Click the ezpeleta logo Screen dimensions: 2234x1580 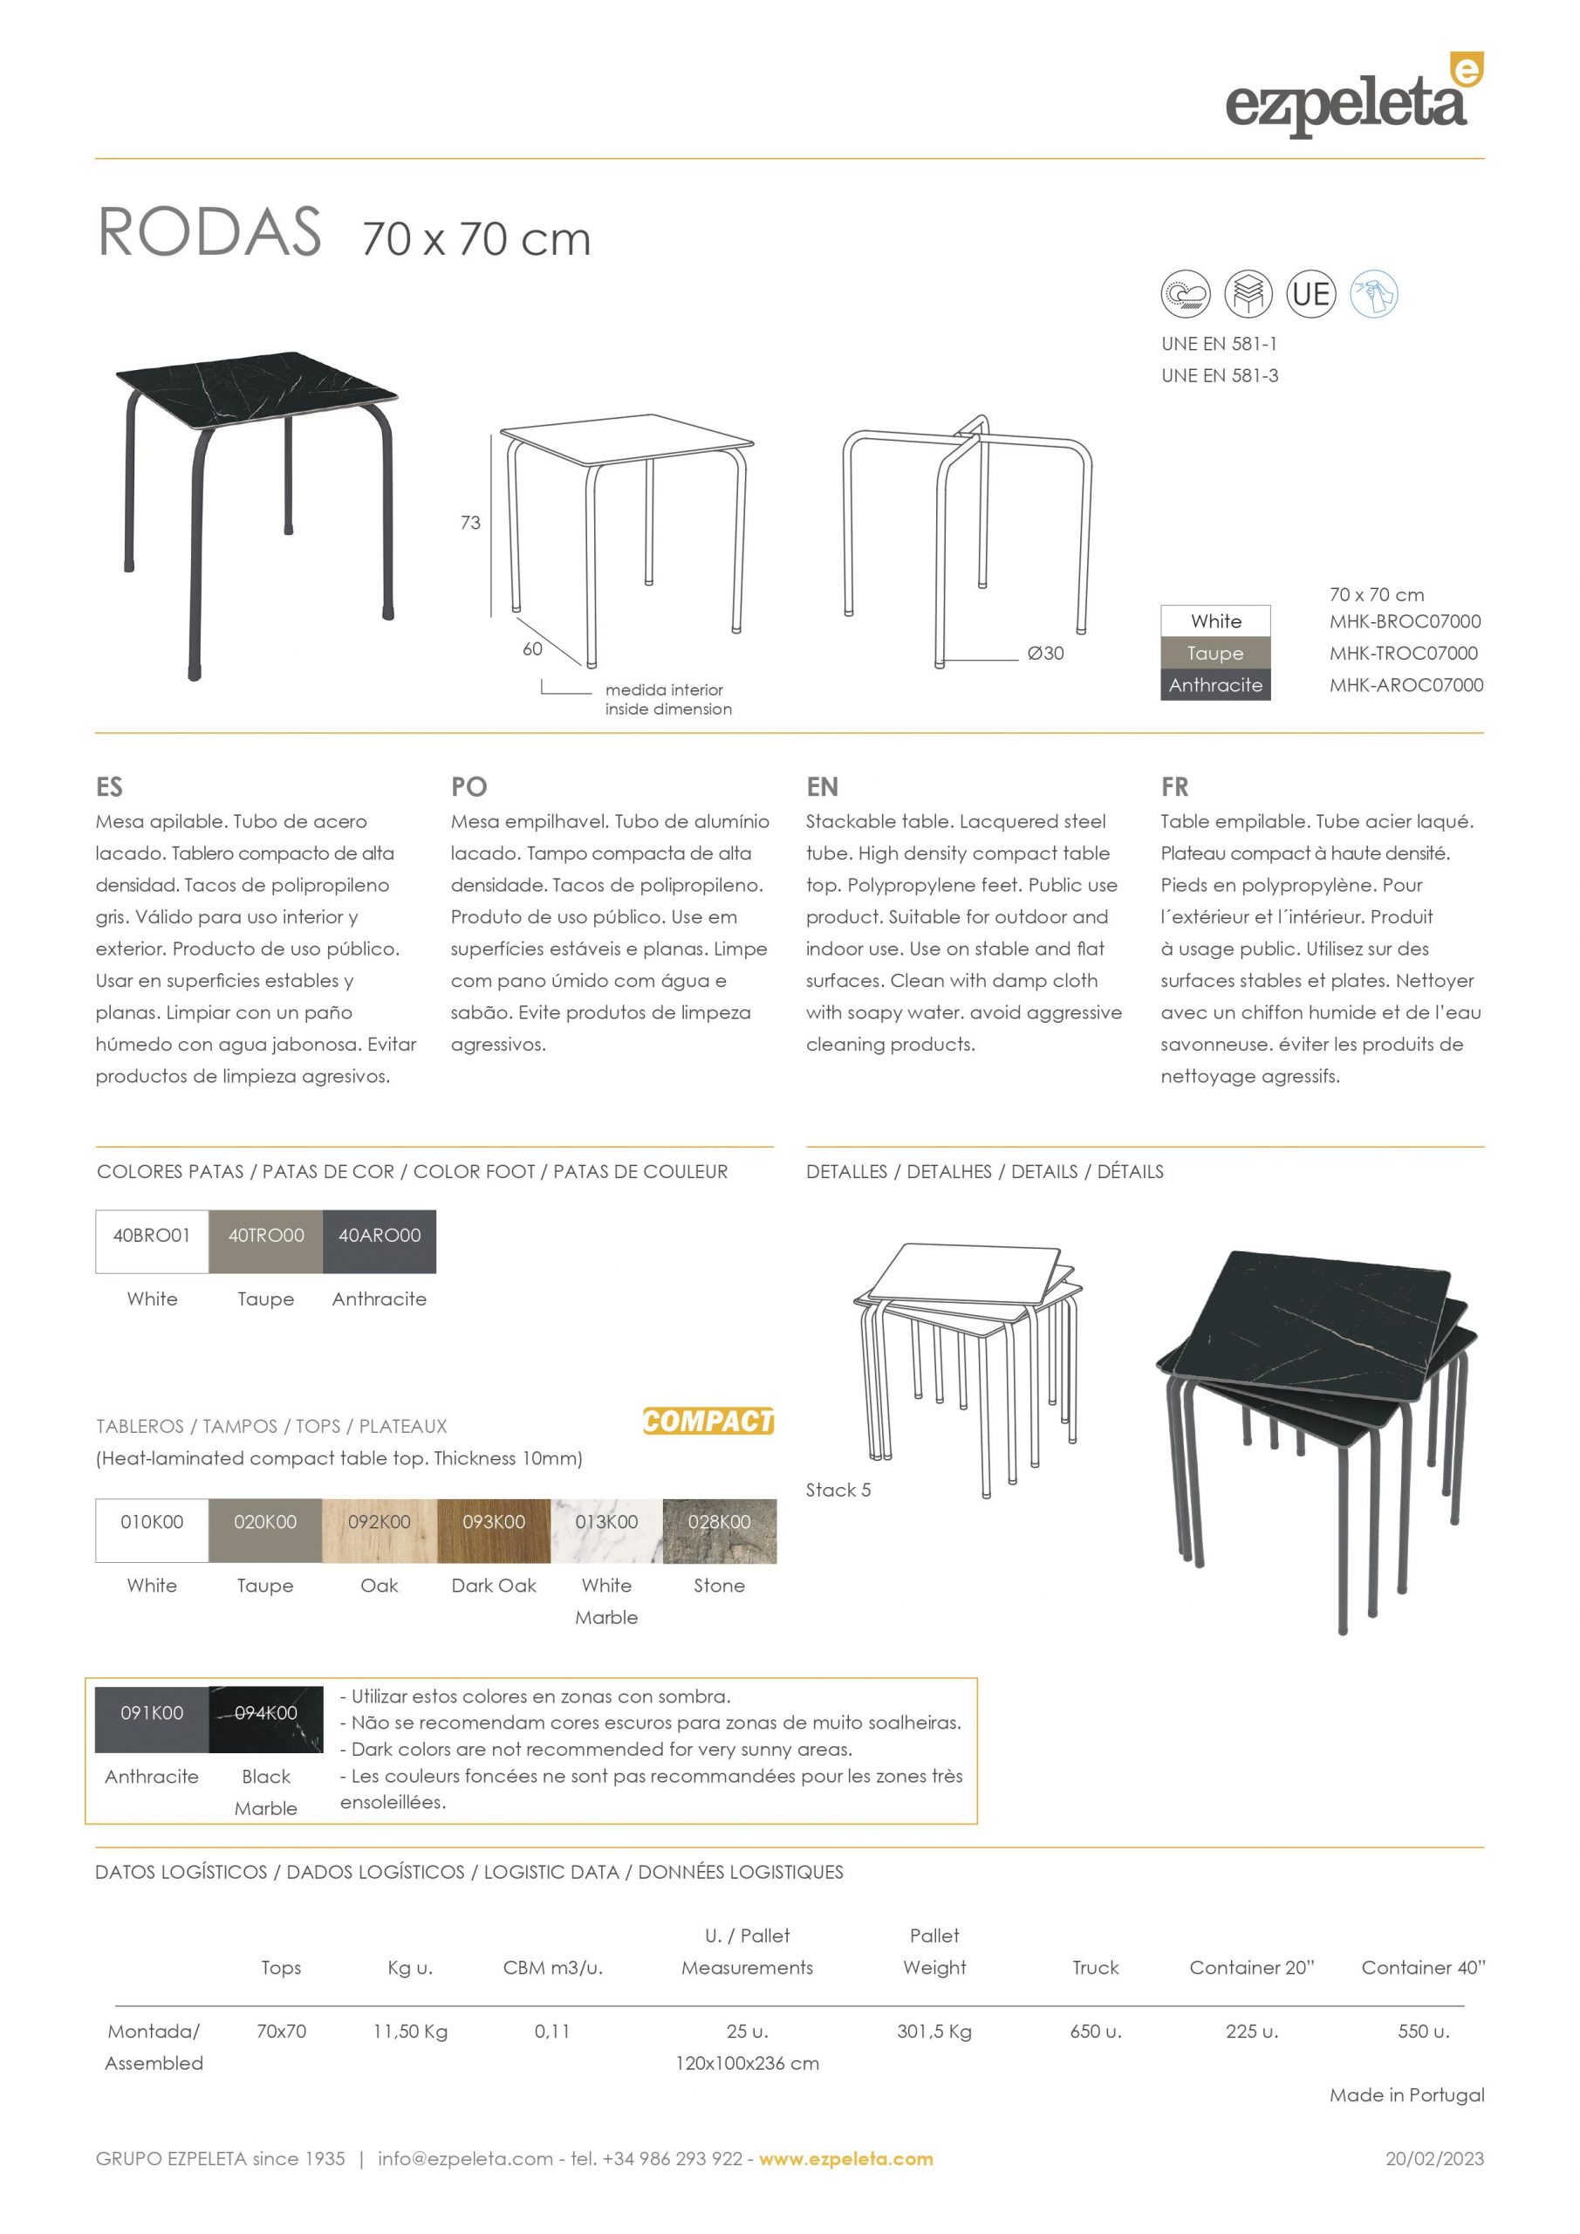pos(1352,97)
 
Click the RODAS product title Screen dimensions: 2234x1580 pos(209,234)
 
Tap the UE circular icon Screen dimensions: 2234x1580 pos(1310,294)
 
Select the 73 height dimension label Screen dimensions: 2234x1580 pos(470,524)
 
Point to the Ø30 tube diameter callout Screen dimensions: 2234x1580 pos(1045,654)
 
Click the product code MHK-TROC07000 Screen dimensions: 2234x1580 pos(1403,654)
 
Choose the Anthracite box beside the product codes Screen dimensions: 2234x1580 pos(1215,685)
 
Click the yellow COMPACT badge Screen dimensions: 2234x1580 pos(708,1422)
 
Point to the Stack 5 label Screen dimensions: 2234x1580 pos(838,1490)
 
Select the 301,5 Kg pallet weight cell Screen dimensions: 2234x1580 pos(934,2032)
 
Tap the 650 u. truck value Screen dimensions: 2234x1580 pos(1096,2032)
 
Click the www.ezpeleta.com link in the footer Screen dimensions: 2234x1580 pos(845,2159)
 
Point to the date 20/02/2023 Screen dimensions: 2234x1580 pos(1434,2159)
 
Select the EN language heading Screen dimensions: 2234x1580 pos(822,786)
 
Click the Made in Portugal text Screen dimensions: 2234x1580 pos(1407,2095)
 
